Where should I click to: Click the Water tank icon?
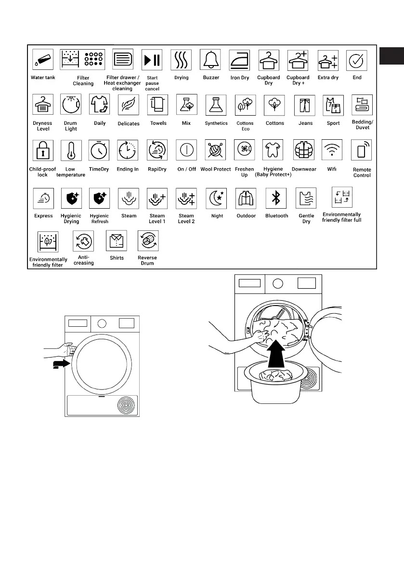[42, 60]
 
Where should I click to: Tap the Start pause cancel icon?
[152, 60]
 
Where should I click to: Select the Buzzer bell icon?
[210, 60]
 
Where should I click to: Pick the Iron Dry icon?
[239, 60]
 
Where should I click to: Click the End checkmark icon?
[357, 60]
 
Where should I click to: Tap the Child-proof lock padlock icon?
[42, 150]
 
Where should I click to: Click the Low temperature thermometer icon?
[71, 150]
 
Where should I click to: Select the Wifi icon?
[332, 150]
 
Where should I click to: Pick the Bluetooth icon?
[276, 198]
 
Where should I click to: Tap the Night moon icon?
[217, 198]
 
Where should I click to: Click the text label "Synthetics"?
[216, 123]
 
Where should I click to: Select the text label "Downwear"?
[304, 170]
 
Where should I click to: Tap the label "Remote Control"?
[362, 173]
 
